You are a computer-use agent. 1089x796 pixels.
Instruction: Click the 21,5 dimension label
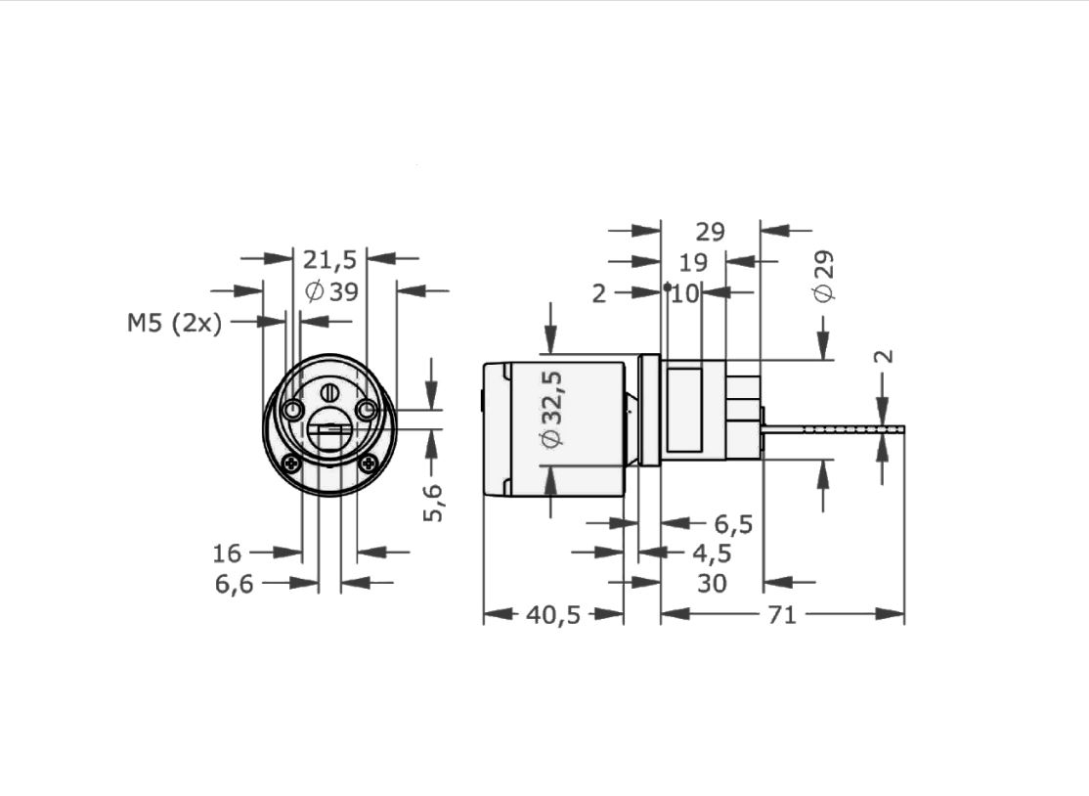(329, 260)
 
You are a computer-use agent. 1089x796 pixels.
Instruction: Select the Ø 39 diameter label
(332, 291)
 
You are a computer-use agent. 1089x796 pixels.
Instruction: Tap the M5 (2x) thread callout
(174, 323)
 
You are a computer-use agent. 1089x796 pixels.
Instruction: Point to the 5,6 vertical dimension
(433, 502)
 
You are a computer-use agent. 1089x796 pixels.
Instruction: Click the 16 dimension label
(227, 553)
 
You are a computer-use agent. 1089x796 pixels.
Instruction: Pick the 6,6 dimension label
(235, 584)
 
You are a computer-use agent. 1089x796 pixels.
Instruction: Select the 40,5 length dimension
(553, 615)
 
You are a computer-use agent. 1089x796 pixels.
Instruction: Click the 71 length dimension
(781, 615)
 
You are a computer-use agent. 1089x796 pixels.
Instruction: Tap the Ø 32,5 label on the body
(552, 409)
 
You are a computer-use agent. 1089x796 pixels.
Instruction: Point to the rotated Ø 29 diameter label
(824, 277)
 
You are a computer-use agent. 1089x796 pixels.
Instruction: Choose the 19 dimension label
(693, 262)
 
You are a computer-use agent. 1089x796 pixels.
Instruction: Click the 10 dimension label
(685, 293)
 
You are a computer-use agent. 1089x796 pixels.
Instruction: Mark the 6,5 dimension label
(733, 524)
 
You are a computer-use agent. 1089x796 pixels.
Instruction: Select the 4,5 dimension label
(712, 553)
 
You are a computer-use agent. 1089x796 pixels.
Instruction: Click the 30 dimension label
(712, 584)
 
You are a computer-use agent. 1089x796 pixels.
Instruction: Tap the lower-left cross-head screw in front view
(290, 462)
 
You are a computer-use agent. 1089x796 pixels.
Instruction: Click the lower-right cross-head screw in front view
(369, 462)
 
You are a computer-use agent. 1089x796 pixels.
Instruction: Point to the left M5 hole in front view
(293, 411)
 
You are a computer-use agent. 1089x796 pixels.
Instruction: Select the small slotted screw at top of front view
(330, 393)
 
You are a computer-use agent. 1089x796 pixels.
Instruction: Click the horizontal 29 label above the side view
(710, 232)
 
